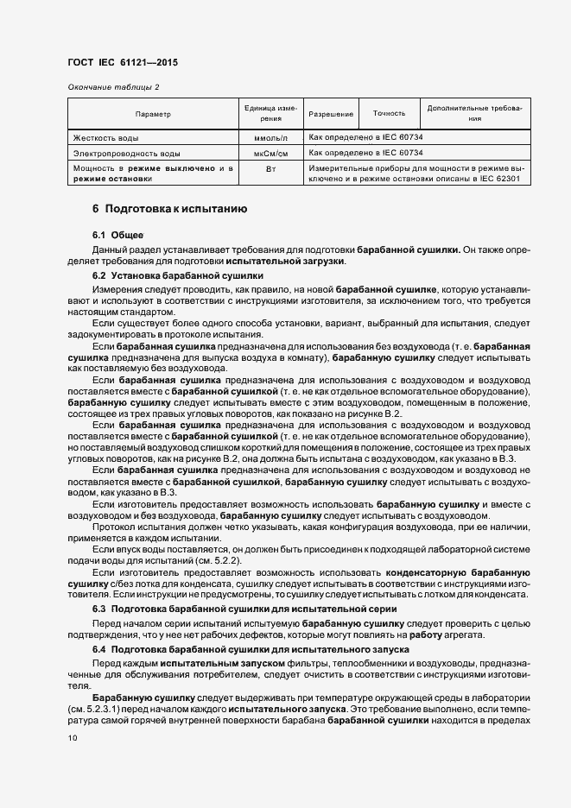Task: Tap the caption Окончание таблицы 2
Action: [x=113, y=87]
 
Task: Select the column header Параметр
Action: [x=153, y=114]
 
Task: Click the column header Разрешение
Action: [x=331, y=114]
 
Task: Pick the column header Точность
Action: [x=389, y=114]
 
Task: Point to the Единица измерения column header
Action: [x=271, y=114]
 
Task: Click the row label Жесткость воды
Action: [x=106, y=137]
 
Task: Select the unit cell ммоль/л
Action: [x=271, y=137]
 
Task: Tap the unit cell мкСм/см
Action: [x=271, y=153]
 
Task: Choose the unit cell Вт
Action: [x=271, y=168]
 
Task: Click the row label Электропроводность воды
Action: [x=127, y=153]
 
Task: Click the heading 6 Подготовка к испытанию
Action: [x=170, y=210]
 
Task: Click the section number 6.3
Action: [x=98, y=609]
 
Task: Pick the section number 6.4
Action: [x=98, y=647]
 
